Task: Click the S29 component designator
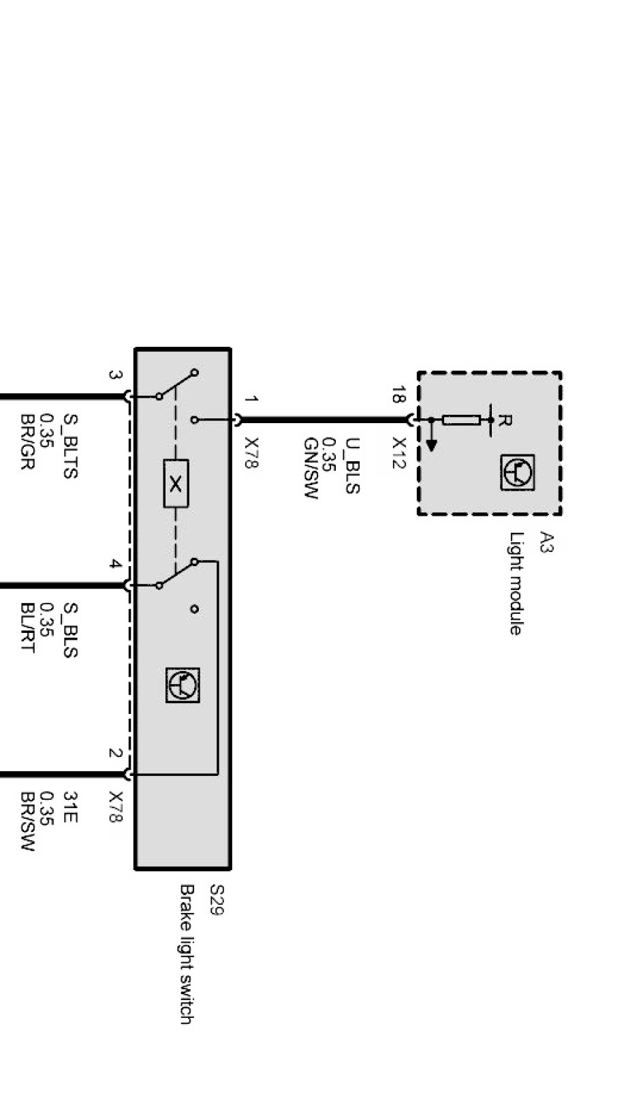[x=217, y=899]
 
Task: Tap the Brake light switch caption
[x=187, y=954]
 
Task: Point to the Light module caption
[x=516, y=583]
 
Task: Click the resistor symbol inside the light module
[x=461, y=420]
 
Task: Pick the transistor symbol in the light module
[x=518, y=472]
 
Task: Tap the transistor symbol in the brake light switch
[x=183, y=685]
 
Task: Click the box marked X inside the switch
[x=176, y=484]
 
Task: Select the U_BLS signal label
[x=352, y=465]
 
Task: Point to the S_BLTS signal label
[x=70, y=446]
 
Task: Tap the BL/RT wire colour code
[x=28, y=627]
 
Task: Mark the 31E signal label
[x=70, y=806]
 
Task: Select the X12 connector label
[x=399, y=453]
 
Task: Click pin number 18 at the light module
[x=398, y=394]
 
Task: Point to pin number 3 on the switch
[x=115, y=375]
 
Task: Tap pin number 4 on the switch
[x=115, y=564]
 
